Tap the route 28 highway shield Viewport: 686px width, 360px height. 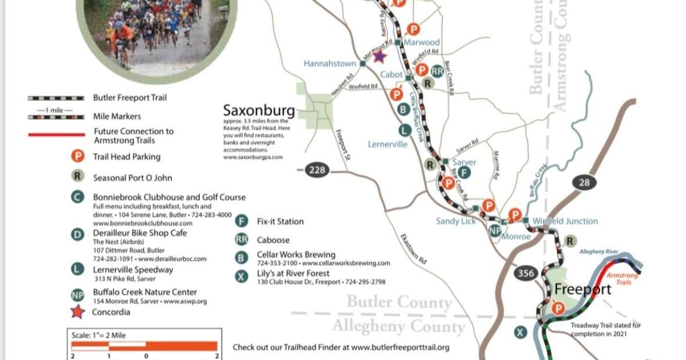click(x=584, y=183)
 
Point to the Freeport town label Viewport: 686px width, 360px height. click(x=583, y=289)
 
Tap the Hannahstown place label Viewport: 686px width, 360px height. click(x=329, y=63)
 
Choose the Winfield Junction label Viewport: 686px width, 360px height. click(x=565, y=221)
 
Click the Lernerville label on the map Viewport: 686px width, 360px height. click(x=387, y=144)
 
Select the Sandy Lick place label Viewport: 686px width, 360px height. click(x=456, y=221)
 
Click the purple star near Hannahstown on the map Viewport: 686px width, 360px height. click(x=379, y=57)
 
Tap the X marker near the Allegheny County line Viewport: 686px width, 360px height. click(x=520, y=332)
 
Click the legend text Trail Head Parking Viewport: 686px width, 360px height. click(x=127, y=157)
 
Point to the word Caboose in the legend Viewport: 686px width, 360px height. click(x=273, y=240)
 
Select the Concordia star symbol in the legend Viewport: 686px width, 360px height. click(x=77, y=312)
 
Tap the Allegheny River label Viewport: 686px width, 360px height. click(x=599, y=251)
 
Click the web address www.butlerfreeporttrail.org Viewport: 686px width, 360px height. click(x=400, y=347)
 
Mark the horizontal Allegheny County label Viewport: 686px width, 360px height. click(x=398, y=326)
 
